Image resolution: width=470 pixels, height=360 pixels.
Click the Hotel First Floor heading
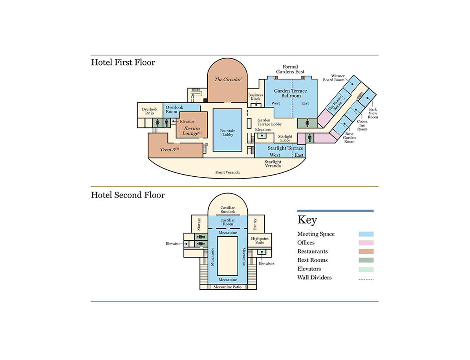123,62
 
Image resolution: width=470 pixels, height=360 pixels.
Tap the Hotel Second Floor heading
128,195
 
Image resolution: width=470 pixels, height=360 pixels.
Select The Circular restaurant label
228,79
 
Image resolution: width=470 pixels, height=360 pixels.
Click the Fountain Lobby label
228,133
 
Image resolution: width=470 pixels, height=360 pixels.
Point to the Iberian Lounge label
192,131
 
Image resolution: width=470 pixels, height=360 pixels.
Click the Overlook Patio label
149,111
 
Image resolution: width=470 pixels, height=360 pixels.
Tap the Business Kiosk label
256,97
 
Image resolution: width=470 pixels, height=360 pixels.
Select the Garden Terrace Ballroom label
291,93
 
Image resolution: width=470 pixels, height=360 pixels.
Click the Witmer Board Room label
333,78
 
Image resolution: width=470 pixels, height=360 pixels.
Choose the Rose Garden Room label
349,138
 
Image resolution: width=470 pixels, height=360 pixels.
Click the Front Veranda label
227,172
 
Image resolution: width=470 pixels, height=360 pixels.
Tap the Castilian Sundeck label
228,210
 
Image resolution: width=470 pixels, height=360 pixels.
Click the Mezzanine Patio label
228,287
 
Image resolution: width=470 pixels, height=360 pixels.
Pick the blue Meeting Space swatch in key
366,234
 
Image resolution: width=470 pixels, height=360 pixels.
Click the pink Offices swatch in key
366,243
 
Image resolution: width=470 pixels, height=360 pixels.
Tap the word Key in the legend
307,220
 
